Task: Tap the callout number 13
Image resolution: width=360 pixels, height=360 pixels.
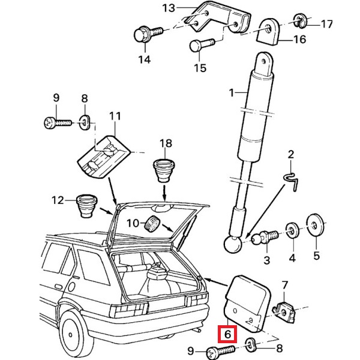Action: point(168,8)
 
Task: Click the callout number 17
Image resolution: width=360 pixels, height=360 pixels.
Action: point(327,25)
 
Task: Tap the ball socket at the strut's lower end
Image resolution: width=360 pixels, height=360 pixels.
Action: point(232,245)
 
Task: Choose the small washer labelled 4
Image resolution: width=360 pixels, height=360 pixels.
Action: point(293,230)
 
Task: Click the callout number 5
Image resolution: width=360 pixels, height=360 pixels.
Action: point(316,260)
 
